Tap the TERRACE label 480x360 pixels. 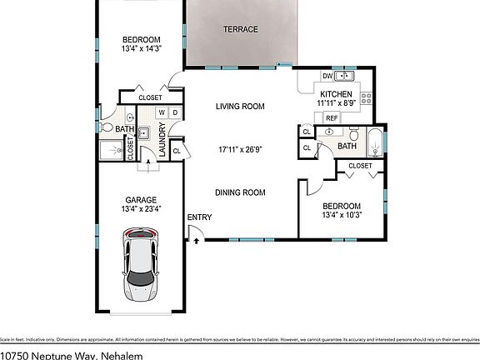pyautogui.click(x=240, y=30)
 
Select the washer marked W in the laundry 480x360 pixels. pyautogui.click(x=163, y=112)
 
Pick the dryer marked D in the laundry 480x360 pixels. pyautogui.click(x=175, y=112)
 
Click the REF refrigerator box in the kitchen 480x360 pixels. pyautogui.click(x=332, y=118)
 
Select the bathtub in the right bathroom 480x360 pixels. pyautogui.click(x=376, y=143)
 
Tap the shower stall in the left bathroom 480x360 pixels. pyautogui.click(x=110, y=149)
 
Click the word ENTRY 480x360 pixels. pyautogui.click(x=200, y=217)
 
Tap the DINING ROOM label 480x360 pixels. pyautogui.click(x=240, y=192)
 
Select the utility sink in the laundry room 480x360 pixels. pyautogui.click(x=143, y=132)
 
